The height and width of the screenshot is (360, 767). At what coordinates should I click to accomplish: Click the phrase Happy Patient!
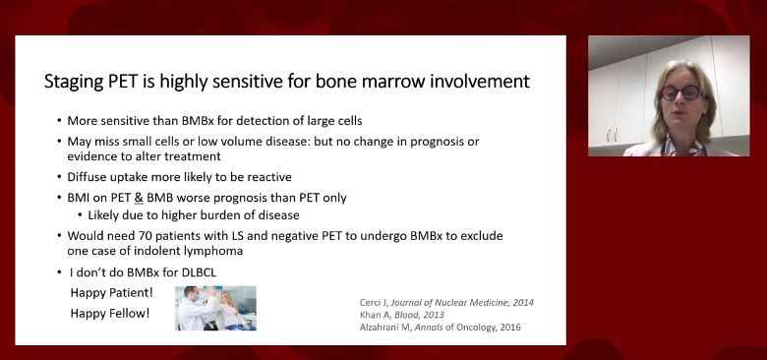[x=112, y=293]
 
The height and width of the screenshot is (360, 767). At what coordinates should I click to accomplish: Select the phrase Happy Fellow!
[x=110, y=313]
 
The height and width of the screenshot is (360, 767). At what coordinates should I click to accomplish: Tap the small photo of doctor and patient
[x=215, y=307]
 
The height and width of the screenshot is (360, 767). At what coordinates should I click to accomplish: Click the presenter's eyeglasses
[x=680, y=92]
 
